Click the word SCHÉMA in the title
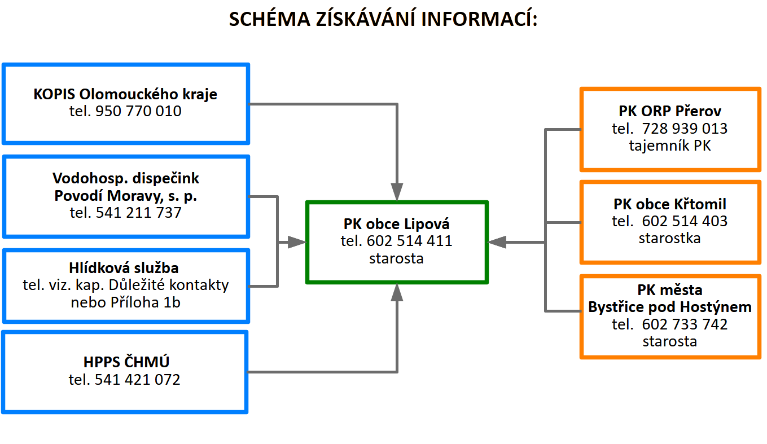269,19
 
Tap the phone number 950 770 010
138,111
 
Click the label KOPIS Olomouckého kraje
125,94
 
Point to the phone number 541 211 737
138,213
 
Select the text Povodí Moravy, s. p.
126,195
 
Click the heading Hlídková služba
124,268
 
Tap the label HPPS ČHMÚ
126,362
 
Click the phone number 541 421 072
137,379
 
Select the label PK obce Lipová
397,224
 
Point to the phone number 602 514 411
410,241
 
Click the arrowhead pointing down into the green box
397,192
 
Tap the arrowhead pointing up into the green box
397,292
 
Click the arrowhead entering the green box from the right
497,242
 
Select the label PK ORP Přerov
670,111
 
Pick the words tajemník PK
670,146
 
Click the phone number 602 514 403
685,221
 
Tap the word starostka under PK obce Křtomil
670,238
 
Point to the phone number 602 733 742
685,324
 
